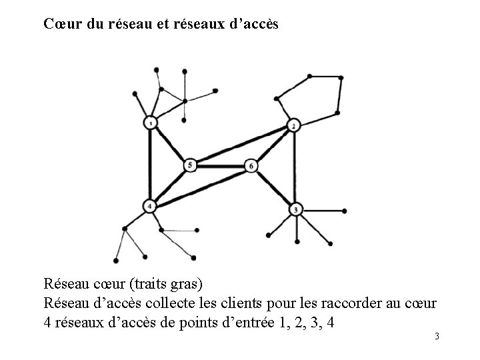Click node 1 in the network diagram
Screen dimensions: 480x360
coord(151,123)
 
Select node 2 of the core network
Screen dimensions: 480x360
coord(293,126)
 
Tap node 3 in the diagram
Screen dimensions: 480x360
coord(295,210)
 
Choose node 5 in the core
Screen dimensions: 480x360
coord(190,164)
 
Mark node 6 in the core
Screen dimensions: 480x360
coord(251,165)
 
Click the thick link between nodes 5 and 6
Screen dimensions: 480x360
coord(220,165)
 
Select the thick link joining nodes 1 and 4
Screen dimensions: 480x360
coord(151,165)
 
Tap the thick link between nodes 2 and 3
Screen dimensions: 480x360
coord(294,168)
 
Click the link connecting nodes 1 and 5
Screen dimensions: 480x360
coord(170,143)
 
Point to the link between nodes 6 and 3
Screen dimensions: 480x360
coord(273,187)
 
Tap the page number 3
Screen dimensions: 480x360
coord(437,336)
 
